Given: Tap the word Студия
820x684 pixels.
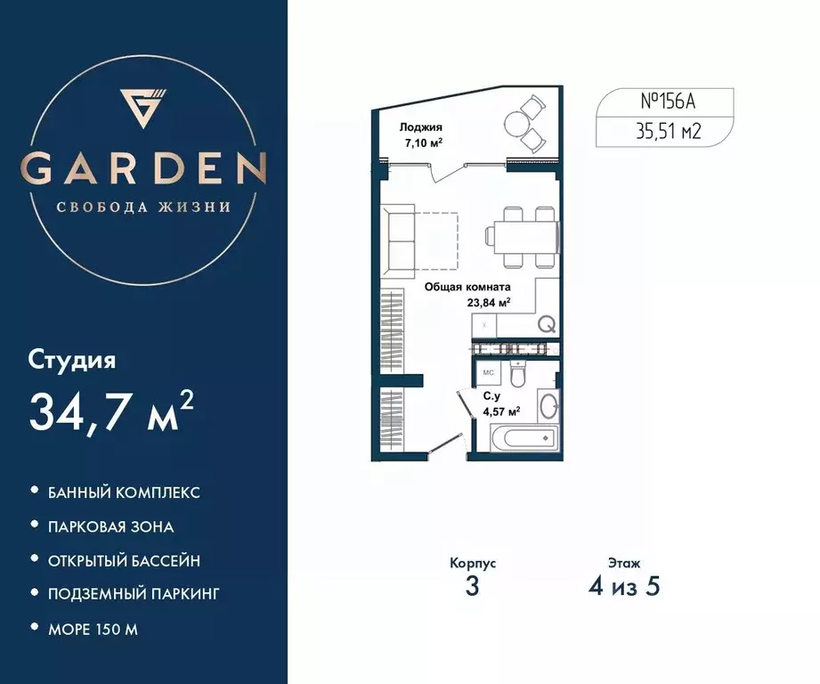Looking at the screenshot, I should coord(72,362).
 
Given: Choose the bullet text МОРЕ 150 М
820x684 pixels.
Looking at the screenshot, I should coord(93,630).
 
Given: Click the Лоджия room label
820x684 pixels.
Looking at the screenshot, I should coord(421,127).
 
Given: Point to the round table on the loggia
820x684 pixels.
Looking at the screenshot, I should coord(516,122).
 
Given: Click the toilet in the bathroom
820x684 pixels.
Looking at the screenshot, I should coord(523,374).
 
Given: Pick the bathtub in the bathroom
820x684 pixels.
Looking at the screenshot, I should coord(524,438).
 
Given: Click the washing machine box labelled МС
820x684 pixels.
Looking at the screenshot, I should coord(488,372).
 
